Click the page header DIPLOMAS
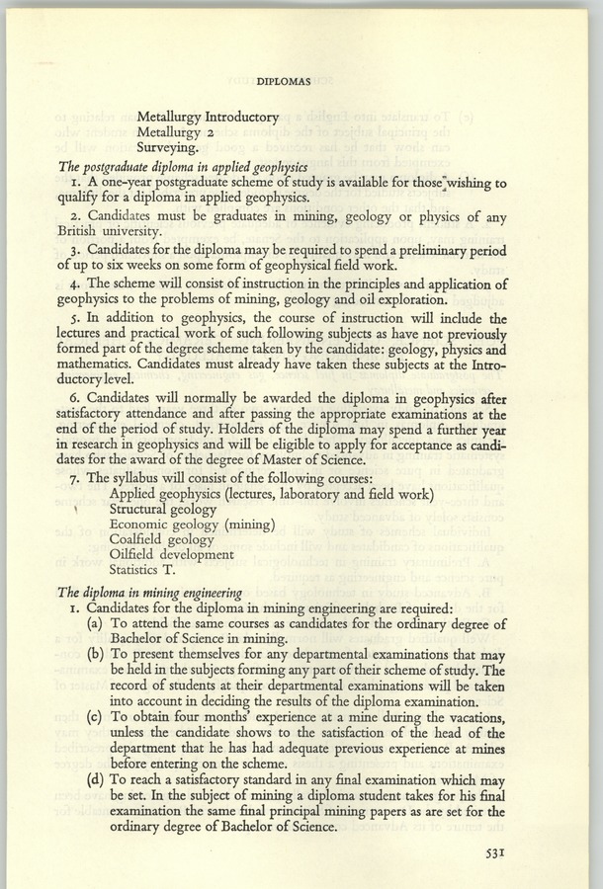(301, 72)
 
